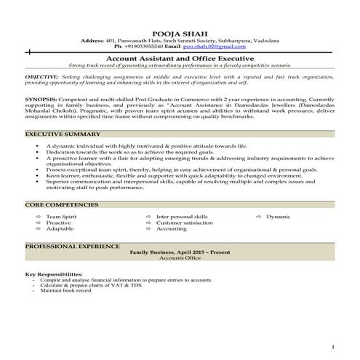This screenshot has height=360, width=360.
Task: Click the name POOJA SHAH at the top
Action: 180,33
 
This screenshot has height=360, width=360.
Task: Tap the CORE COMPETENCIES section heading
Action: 61,206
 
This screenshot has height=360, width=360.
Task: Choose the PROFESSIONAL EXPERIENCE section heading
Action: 71,247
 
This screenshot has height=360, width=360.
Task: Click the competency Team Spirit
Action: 61,217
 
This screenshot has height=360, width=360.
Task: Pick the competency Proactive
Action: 59,223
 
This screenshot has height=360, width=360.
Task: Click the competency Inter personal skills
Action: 181,217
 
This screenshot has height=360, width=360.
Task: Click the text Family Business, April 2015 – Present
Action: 179,252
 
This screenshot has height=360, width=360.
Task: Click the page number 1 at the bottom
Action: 332,348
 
